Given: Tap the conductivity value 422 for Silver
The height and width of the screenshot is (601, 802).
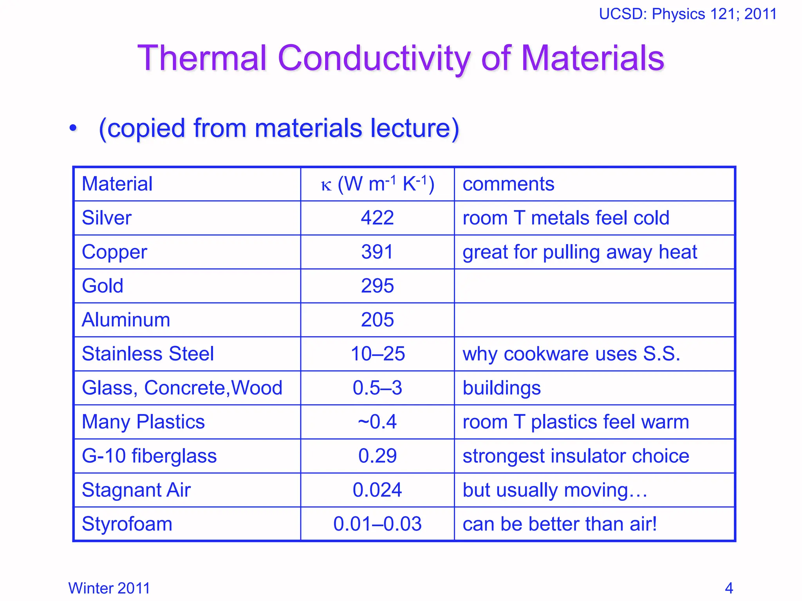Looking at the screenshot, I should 377,218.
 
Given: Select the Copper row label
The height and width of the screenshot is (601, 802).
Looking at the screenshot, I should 114,252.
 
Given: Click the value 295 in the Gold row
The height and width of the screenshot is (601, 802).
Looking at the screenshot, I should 377,286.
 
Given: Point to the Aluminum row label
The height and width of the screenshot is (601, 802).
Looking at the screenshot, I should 126,320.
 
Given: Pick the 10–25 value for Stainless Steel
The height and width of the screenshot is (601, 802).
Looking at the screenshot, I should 378,354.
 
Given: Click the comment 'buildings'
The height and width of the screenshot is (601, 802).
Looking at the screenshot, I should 501,388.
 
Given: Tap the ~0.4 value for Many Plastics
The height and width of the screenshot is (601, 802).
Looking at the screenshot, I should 377,422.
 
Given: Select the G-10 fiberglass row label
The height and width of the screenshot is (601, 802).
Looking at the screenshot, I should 149,456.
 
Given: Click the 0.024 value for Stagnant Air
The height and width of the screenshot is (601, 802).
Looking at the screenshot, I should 377,490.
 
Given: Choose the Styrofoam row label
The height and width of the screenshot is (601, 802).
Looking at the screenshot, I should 127,524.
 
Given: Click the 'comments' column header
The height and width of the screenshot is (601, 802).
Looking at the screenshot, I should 508,184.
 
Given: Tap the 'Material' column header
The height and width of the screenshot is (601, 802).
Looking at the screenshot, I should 117,184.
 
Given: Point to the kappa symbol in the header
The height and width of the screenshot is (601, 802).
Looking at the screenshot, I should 326,185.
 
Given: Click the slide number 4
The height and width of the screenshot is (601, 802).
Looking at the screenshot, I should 729,588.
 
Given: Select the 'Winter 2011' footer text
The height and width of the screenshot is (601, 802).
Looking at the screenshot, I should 109,588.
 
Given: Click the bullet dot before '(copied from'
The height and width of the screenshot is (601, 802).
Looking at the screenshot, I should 73,128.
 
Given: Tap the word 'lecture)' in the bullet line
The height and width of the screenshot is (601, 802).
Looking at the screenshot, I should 415,128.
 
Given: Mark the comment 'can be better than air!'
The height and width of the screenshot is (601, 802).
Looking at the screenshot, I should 559,524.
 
